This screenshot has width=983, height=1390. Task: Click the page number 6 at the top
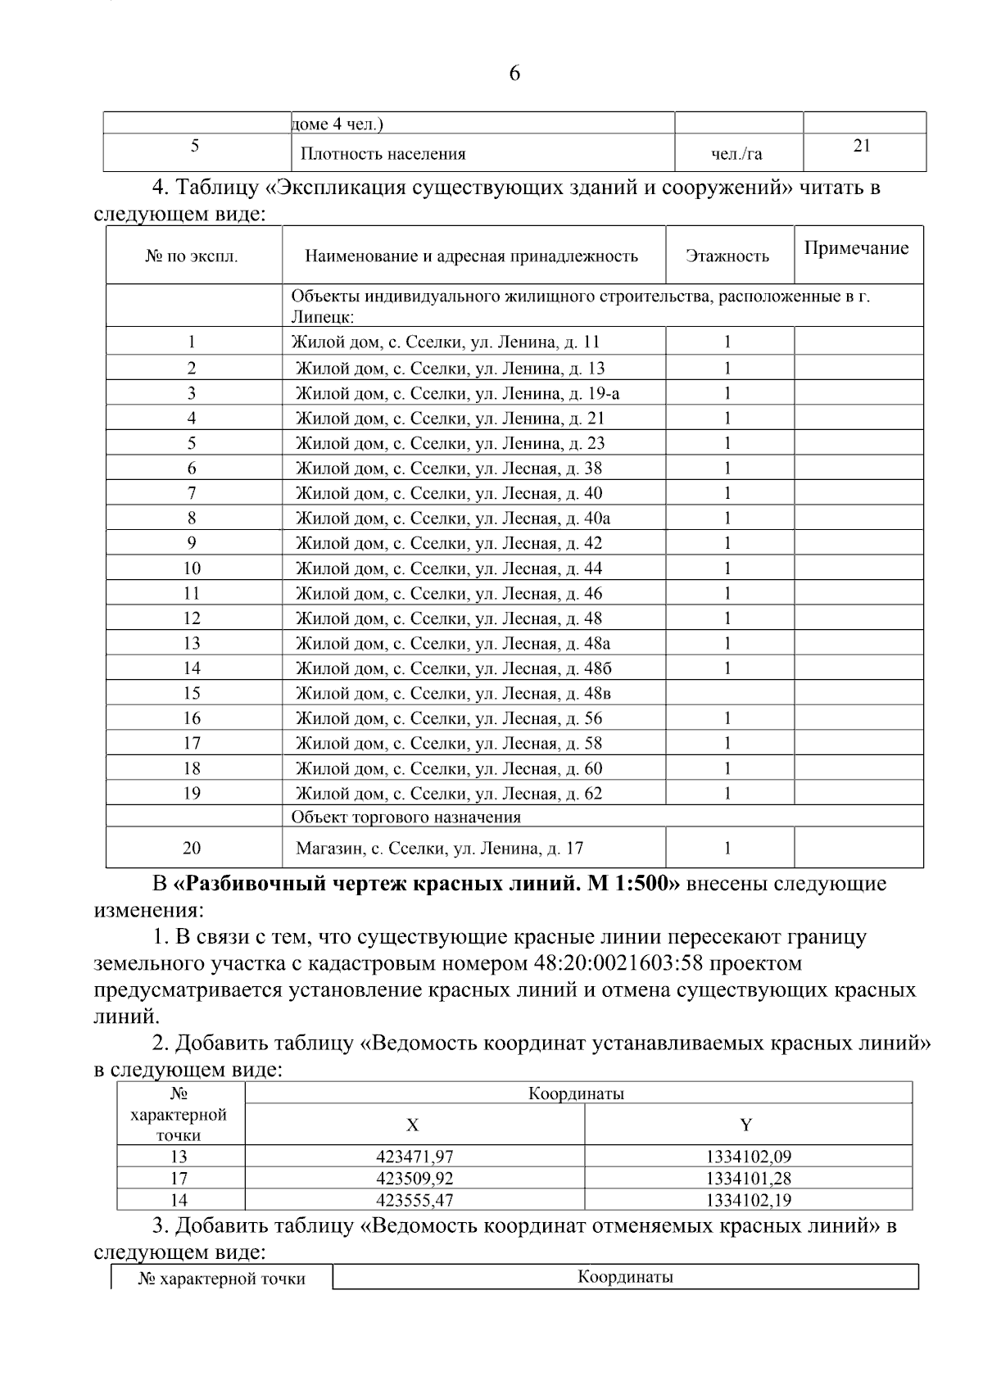[514, 74]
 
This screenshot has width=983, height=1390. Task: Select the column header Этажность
[727, 256]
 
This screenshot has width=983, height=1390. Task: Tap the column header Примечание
[856, 248]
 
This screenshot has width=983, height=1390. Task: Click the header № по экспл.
[192, 256]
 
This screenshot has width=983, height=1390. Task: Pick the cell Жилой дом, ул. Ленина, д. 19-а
[457, 393]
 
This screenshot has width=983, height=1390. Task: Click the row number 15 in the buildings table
[192, 693]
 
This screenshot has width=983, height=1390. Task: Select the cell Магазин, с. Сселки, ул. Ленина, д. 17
[439, 849]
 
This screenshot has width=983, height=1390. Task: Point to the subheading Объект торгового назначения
[405, 817]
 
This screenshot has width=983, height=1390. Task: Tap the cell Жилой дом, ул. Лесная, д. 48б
[453, 668]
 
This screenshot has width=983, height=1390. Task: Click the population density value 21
[862, 146]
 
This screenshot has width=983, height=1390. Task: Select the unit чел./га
[736, 154]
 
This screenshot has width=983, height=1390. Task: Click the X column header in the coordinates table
[413, 1125]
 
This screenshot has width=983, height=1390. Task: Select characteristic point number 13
[179, 1157]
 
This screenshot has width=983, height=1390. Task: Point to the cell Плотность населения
[383, 154]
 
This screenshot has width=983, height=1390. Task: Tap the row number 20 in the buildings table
[192, 849]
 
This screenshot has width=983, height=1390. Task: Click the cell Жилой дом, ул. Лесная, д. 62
[448, 793]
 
